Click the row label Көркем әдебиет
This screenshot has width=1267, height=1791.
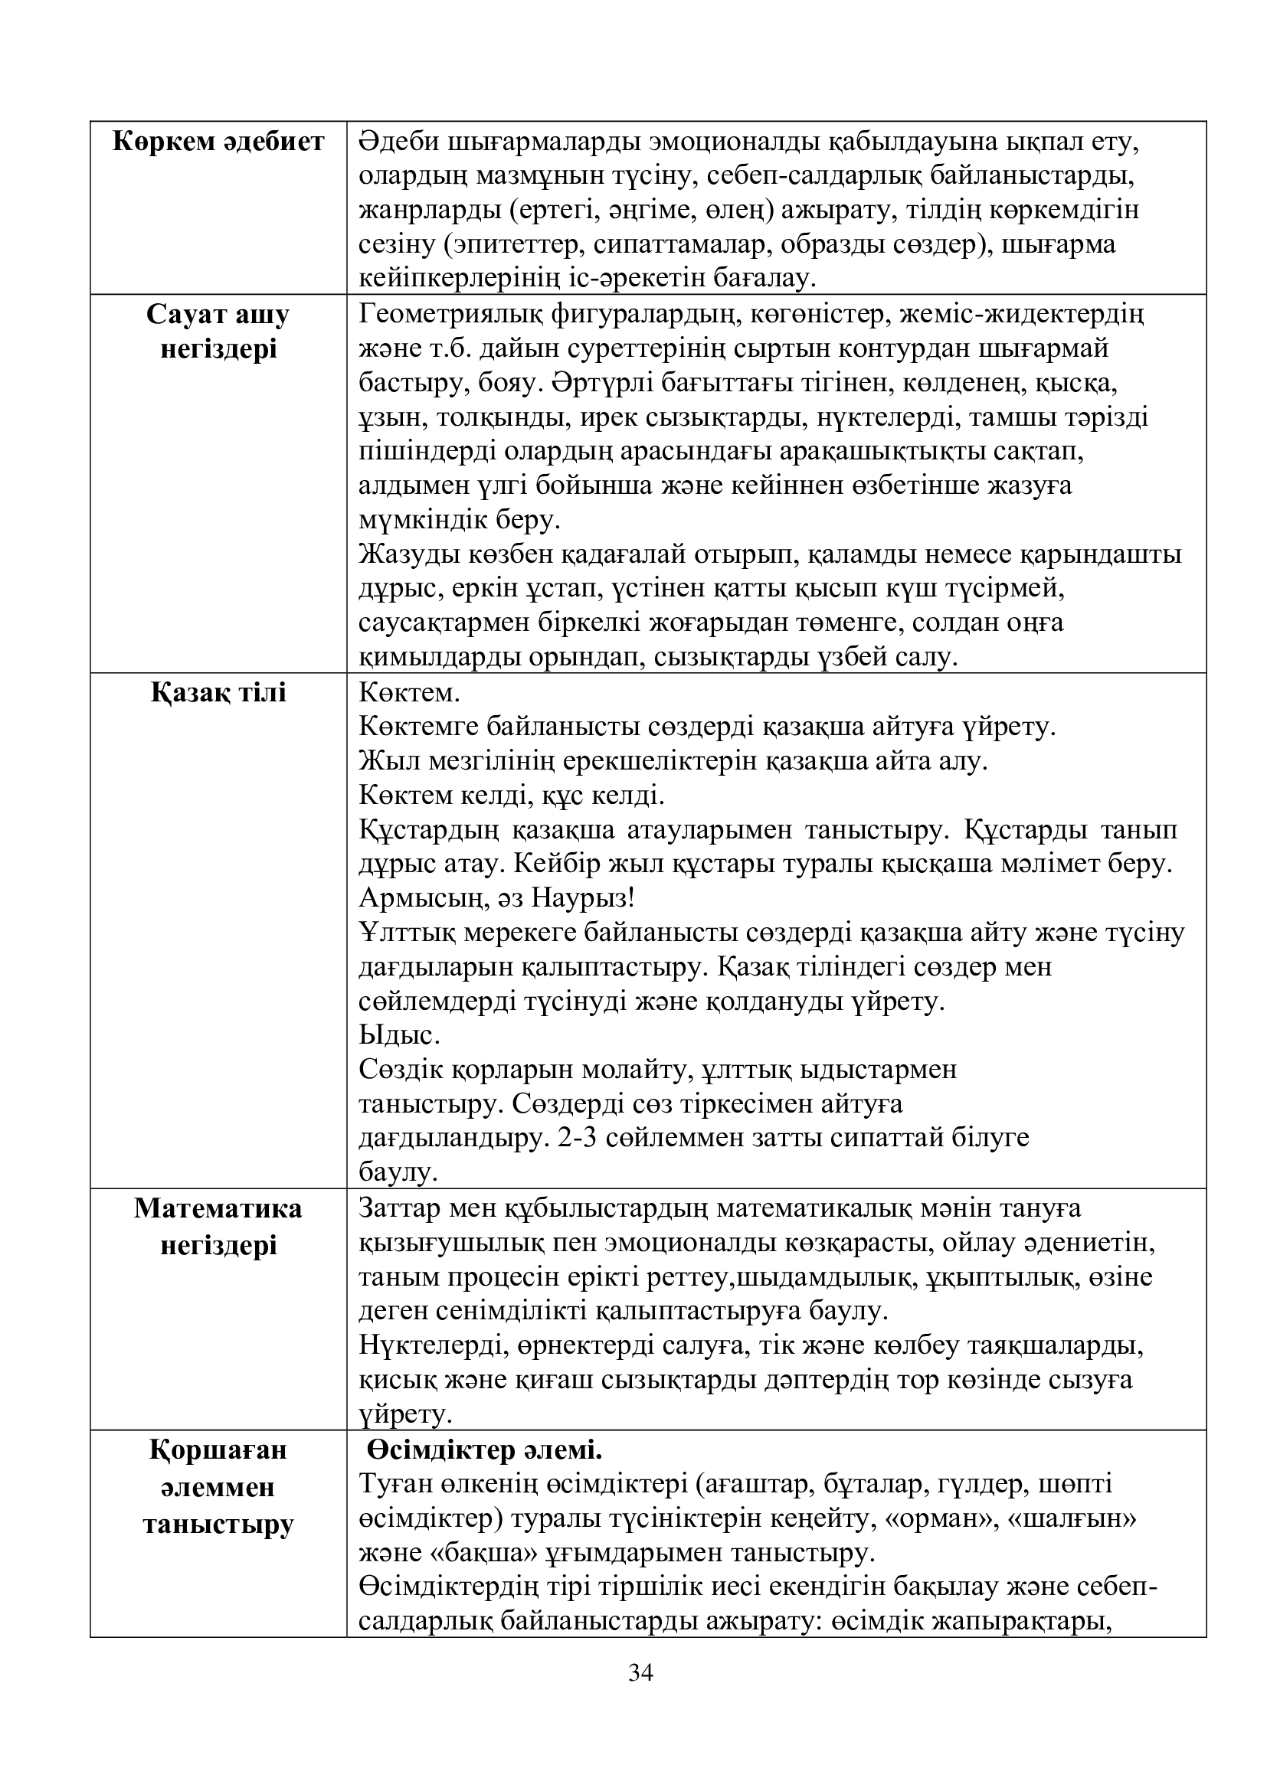[x=218, y=142]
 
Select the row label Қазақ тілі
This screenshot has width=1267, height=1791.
[x=218, y=693]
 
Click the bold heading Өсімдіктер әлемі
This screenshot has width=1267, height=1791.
[x=485, y=1450]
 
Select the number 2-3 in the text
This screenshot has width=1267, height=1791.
[x=579, y=1137]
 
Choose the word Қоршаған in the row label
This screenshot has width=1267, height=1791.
[x=218, y=1450]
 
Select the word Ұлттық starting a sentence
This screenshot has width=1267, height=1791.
[x=407, y=932]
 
